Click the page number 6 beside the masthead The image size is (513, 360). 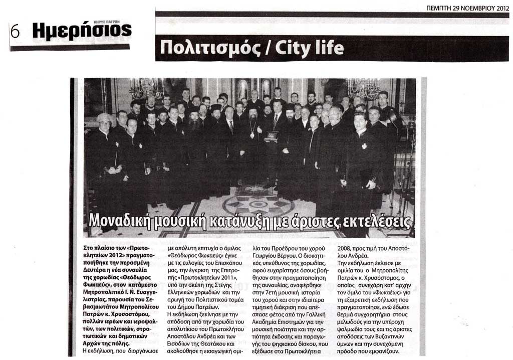click(x=15, y=32)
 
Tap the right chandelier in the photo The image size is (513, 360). click(x=363, y=89)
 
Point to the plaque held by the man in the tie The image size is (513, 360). click(x=272, y=135)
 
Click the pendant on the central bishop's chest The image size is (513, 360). click(x=252, y=135)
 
